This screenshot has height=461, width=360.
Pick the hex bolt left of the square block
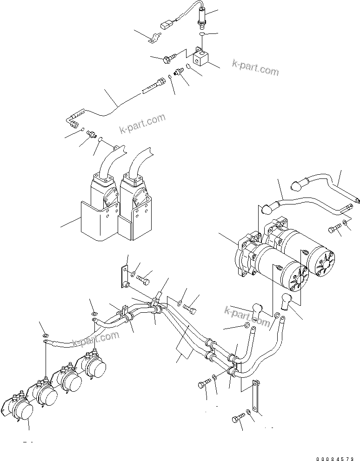click(x=169, y=58)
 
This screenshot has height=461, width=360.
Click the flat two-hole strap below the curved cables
click(x=253, y=393)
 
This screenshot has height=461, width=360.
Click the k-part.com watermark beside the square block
click(x=255, y=68)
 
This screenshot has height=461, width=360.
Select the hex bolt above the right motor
click(x=335, y=228)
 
